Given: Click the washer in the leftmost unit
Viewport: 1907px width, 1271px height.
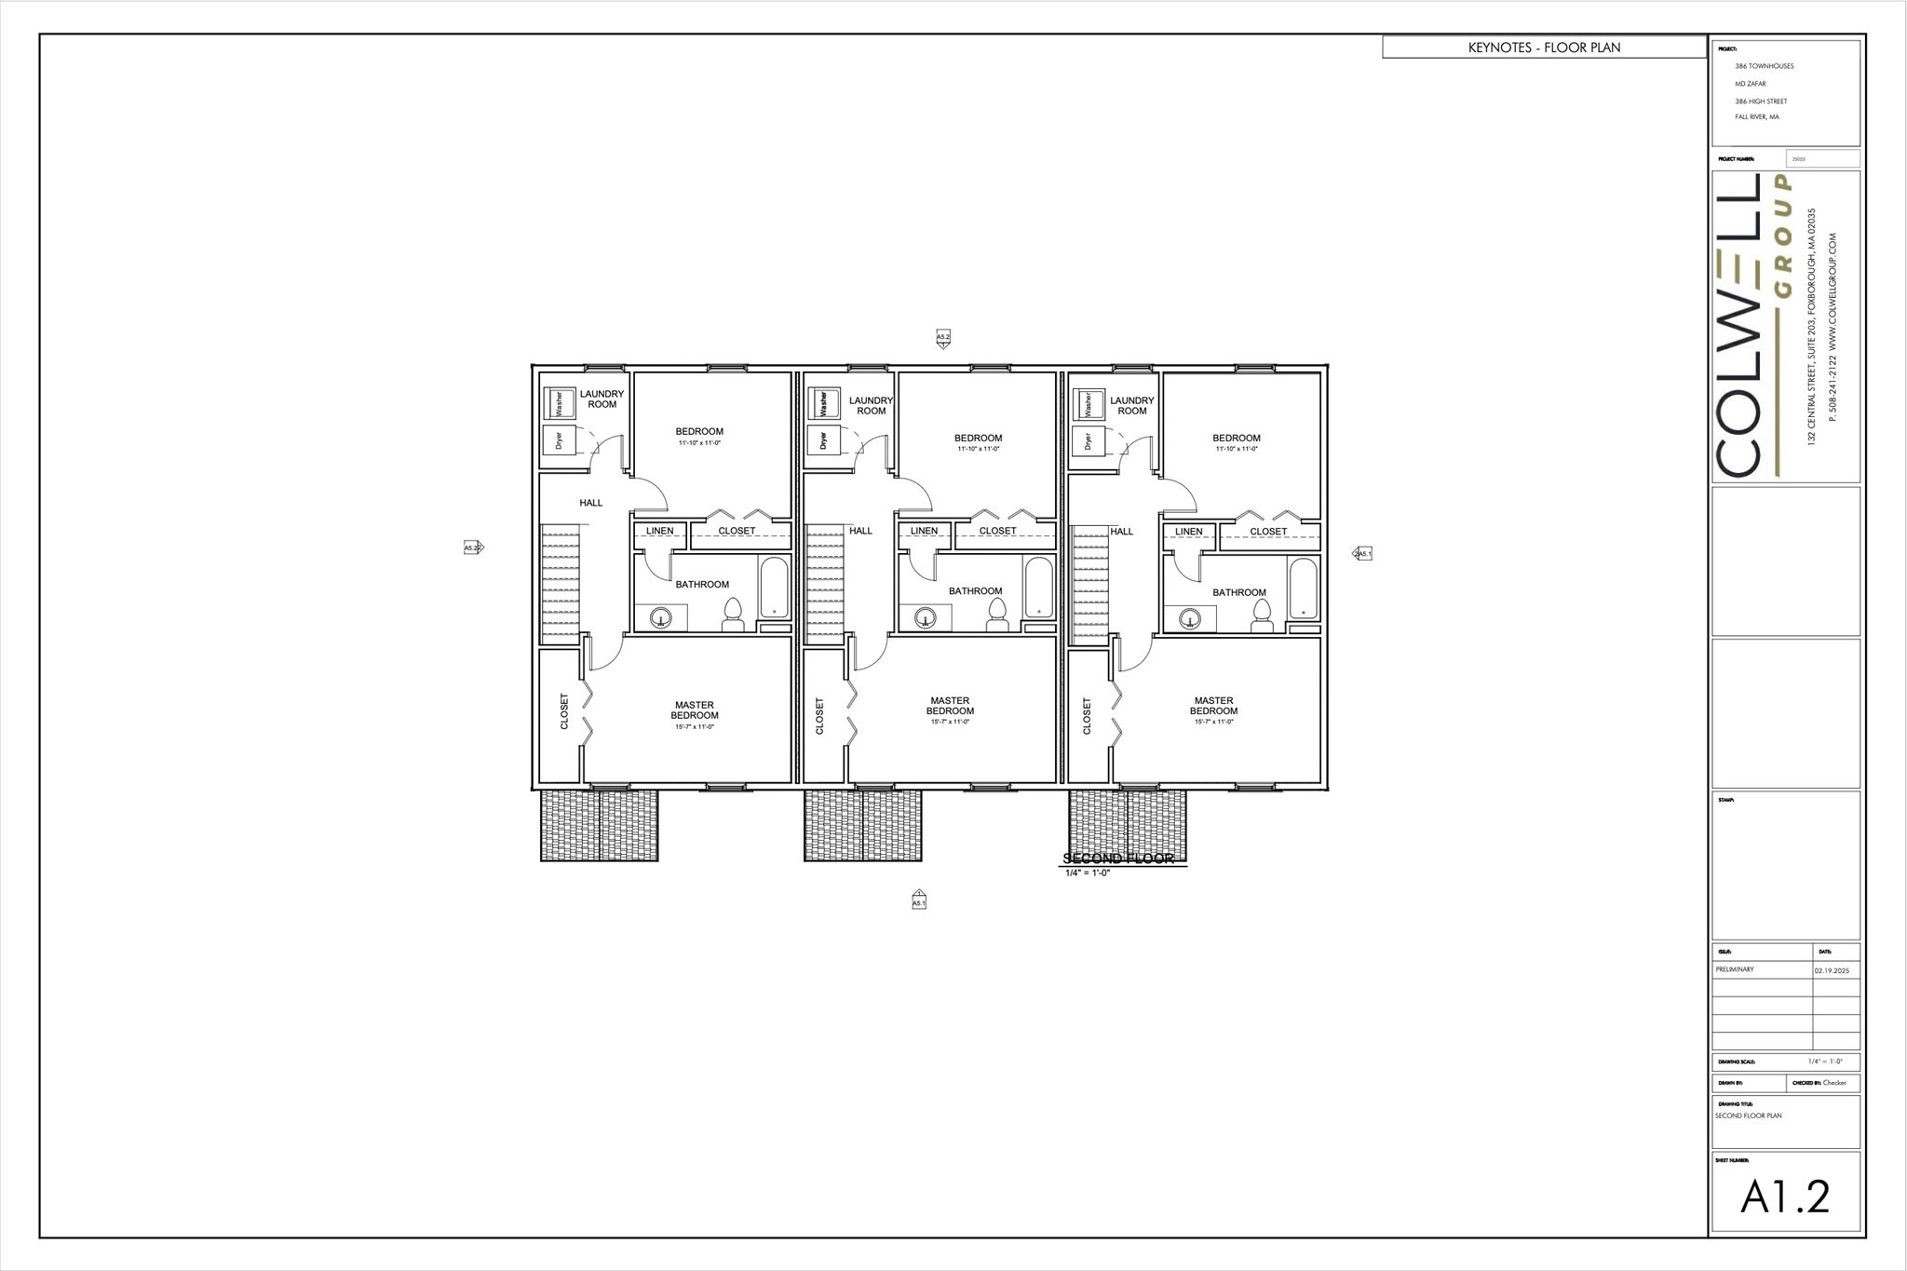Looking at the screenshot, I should coord(559,404).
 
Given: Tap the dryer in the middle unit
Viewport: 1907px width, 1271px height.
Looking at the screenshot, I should coord(823,439).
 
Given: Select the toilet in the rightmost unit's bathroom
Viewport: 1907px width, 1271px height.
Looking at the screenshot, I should coord(1262,615).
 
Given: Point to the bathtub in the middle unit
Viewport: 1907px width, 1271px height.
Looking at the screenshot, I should coord(1038,588).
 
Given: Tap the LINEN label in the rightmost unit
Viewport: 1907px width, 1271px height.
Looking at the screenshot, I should coord(1188,532).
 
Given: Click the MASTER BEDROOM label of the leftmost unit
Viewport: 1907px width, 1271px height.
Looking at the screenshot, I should coord(695,710).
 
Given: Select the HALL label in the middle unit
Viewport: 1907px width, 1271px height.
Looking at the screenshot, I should coord(860,531).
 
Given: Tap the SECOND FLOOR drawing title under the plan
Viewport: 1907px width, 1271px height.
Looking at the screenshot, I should coord(1118,859).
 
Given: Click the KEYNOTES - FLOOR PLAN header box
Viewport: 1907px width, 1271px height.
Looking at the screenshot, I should coord(1544,47).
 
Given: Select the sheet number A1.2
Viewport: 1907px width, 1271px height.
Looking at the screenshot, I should coord(1785,1197).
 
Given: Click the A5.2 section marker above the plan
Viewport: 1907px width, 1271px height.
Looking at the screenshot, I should coord(942,337).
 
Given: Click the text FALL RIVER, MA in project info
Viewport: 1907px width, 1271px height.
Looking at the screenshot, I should coord(1756,117).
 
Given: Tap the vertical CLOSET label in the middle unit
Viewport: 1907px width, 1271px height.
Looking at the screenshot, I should coord(820,715).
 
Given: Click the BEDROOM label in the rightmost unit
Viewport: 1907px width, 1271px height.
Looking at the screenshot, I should coord(1236,438).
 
